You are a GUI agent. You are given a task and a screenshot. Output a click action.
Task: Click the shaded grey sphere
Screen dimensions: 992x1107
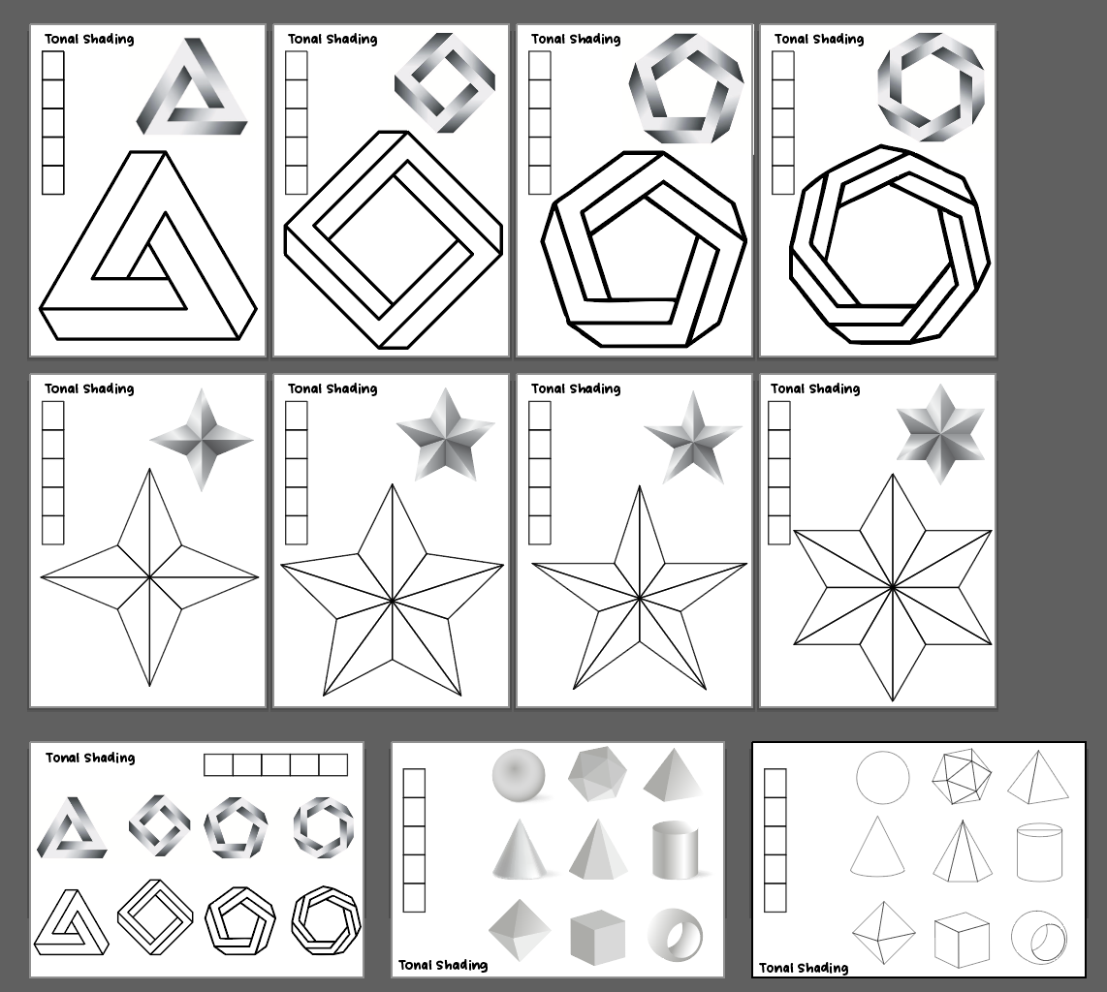pyautogui.click(x=519, y=776)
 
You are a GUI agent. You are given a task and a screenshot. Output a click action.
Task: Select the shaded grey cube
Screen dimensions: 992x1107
pyautogui.click(x=597, y=938)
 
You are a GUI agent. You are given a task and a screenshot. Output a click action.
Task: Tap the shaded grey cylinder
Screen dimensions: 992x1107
pyautogui.click(x=675, y=850)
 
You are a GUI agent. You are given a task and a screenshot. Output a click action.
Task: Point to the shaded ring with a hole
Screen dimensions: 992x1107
pyautogui.click(x=675, y=935)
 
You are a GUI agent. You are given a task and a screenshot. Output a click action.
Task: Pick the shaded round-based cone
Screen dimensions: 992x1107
pyautogui.click(x=519, y=851)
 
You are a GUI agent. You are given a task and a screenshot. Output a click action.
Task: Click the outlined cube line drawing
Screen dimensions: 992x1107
pyautogui.click(x=962, y=940)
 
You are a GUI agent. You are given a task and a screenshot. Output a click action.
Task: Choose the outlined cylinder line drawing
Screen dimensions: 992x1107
pyautogui.click(x=1039, y=852)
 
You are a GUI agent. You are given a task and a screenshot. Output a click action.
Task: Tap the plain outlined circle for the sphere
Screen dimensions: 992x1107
pyautogui.click(x=883, y=778)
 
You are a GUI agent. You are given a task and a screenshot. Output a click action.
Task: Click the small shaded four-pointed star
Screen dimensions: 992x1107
pyautogui.click(x=202, y=440)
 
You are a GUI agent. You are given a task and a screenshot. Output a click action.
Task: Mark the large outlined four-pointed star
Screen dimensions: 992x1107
pyautogui.click(x=149, y=577)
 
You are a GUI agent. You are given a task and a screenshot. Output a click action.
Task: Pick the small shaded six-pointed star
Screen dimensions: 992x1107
pyautogui.click(x=940, y=433)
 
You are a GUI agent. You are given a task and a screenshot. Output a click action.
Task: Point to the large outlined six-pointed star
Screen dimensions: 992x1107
pyautogui.click(x=892, y=587)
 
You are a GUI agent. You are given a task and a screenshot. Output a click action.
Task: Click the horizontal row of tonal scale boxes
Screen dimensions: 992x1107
pyautogui.click(x=275, y=765)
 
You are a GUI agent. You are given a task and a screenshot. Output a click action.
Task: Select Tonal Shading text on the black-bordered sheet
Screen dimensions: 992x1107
pyautogui.click(x=804, y=967)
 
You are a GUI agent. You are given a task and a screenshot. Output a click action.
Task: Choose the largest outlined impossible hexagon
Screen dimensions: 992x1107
pyautogui.click(x=890, y=246)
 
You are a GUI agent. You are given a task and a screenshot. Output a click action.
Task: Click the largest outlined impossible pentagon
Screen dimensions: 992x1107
pyautogui.click(x=644, y=249)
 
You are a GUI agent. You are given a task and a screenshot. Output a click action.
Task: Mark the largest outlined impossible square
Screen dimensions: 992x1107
pyautogui.click(x=393, y=239)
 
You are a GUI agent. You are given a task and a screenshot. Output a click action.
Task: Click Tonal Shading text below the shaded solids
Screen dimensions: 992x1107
pyautogui.click(x=443, y=965)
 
